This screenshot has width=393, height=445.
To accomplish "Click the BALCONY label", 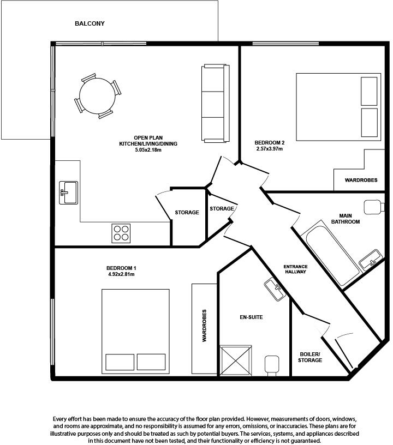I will pyautogui.click(x=90, y=24).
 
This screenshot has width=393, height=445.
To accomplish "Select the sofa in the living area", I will pyautogui.click(x=213, y=104).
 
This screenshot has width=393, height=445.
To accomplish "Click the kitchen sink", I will pyautogui.click(x=68, y=192).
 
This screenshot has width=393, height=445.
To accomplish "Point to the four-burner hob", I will pyautogui.click(x=122, y=233).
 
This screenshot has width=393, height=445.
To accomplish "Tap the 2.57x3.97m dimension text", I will pyautogui.click(x=270, y=148).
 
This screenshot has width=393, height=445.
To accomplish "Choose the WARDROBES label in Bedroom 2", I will pyautogui.click(x=361, y=180).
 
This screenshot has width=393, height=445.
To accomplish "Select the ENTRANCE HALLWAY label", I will pyautogui.click(x=295, y=269).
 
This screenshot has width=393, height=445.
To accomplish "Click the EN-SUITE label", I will pyautogui.click(x=252, y=316).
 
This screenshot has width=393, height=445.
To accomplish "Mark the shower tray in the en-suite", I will pyautogui.click(x=236, y=360).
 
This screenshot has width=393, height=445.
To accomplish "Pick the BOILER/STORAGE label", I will pyautogui.click(x=309, y=357).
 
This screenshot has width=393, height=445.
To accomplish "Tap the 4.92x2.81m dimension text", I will pyautogui.click(x=121, y=274).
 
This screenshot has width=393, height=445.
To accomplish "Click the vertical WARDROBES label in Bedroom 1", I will pyautogui.click(x=204, y=326).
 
